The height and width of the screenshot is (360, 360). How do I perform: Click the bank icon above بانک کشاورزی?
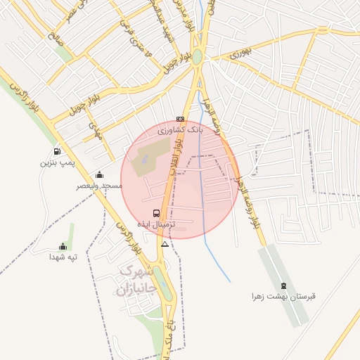click(x=181, y=120)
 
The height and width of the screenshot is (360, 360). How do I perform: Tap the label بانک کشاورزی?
click(x=180, y=130)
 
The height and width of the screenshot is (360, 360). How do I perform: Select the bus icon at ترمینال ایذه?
click(x=156, y=212)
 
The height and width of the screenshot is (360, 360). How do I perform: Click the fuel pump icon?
click(x=56, y=152)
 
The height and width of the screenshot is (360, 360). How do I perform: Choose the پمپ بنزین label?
click(x=56, y=162)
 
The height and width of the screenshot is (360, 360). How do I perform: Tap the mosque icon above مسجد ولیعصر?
click(x=99, y=175)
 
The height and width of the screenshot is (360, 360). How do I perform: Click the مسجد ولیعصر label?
click(x=100, y=186)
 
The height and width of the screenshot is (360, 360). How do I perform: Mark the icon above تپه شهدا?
click(x=63, y=247)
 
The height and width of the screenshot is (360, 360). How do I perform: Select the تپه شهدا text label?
click(x=62, y=257)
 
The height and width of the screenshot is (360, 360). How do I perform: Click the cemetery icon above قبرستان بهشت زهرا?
click(x=283, y=285)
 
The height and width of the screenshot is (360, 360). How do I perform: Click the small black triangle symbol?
click(x=165, y=244)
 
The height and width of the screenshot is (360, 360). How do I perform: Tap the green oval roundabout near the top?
click(x=198, y=56)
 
